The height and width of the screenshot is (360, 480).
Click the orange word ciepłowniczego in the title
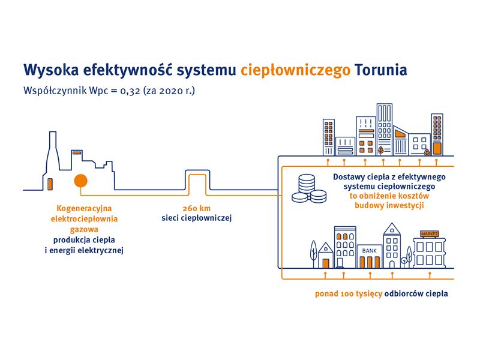pos(295,70)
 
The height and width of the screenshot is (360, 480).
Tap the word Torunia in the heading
pos(381,70)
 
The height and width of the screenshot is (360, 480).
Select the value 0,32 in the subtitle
pos(130,91)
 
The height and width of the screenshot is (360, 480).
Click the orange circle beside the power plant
pos(81,181)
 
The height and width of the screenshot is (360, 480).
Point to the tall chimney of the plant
pos(53,153)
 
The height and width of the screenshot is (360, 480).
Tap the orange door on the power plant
pos(50,184)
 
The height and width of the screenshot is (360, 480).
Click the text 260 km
pos(197,208)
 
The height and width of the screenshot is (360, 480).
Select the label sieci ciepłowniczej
pos(197,218)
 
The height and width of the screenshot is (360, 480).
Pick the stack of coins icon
pos(309,188)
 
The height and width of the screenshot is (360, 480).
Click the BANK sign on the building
pos(370,251)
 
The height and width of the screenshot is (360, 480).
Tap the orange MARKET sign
pos(430,234)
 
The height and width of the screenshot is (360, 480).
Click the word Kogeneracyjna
pos(84,209)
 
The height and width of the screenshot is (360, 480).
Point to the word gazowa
pos(84,230)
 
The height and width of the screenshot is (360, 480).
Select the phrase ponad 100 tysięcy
pos(349,294)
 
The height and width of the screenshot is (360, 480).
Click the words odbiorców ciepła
pos(416,294)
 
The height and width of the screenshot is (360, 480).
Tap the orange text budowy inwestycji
pos(389,205)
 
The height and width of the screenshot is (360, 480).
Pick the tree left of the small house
pos(314,253)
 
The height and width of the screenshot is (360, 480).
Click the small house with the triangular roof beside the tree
pos(326,256)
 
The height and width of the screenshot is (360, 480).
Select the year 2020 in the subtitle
pos(171,91)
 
